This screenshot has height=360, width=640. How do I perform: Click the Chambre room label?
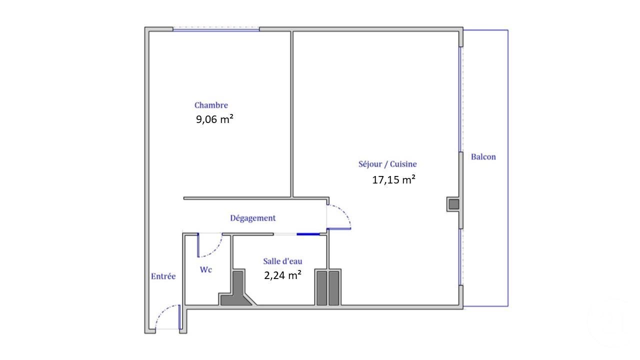(x=211, y=105)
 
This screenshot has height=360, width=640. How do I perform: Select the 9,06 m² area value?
(x=214, y=119)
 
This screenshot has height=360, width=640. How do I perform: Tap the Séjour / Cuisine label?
(x=387, y=164)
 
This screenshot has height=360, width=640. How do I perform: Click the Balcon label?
(x=483, y=157)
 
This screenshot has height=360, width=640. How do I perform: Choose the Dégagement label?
(x=252, y=218)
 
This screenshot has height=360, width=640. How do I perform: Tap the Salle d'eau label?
(x=282, y=261)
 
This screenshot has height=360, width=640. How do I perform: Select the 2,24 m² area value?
(x=282, y=274)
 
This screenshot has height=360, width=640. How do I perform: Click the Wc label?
(x=205, y=270)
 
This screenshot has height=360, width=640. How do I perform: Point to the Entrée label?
(x=163, y=276)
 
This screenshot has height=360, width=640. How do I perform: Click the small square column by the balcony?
(x=453, y=204)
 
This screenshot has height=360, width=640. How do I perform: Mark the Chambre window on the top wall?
(x=216, y=29)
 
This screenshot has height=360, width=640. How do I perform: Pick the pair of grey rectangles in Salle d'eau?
(x=328, y=287)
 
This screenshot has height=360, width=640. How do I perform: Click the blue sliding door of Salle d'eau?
(x=309, y=233)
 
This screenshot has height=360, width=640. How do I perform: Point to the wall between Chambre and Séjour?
(x=292, y=112)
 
